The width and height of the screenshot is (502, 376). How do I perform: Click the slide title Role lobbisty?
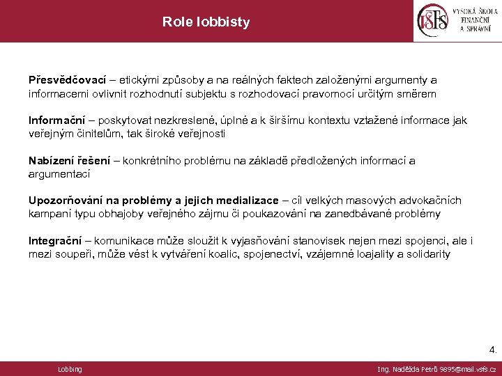(206, 22)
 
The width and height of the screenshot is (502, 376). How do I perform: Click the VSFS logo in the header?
(457, 21)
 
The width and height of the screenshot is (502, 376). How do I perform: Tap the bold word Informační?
(56, 120)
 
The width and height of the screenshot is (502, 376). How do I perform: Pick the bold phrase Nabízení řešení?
(69, 161)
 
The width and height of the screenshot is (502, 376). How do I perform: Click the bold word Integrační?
(55, 242)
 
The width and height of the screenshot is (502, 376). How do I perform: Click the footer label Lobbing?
(70, 369)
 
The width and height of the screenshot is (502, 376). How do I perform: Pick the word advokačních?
(430, 201)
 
